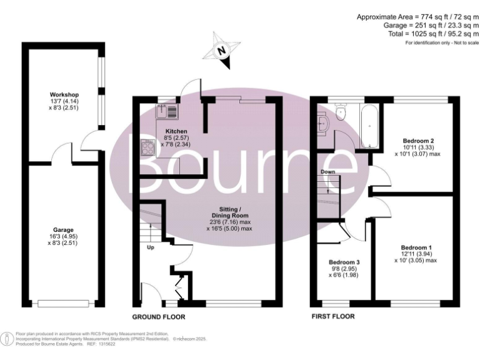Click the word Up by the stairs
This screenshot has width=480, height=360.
point(151,247)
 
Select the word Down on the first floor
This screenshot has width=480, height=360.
point(328,171)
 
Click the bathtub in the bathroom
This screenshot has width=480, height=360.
point(368,126)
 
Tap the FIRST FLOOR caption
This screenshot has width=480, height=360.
point(333,317)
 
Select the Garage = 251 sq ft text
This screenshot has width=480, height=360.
point(431,26)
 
